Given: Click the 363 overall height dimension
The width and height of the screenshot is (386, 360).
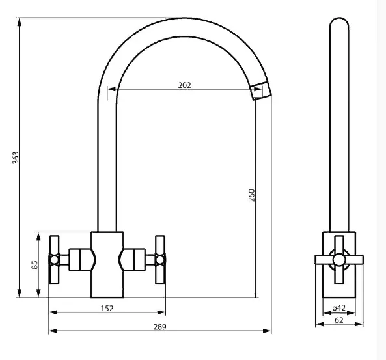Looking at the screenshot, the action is pos(16,158).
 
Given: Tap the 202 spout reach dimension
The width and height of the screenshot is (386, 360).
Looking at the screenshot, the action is pos(184,85).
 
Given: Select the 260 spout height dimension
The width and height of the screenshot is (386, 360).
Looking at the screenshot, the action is pos(251,195).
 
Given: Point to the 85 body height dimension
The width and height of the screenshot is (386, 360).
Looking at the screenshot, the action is pos(34,265).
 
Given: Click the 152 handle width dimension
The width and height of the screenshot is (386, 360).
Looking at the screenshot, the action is pos(107,309).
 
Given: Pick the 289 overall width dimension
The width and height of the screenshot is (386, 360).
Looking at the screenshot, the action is pos(159,327).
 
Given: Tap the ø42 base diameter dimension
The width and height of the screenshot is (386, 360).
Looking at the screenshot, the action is pos(338,308).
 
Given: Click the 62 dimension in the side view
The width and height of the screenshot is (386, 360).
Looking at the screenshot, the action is pos(339,320).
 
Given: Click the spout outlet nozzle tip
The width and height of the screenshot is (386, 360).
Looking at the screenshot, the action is pos(260,91).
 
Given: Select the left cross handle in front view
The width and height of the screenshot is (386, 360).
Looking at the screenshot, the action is pos(54,260).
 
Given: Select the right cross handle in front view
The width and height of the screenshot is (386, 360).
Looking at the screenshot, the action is pos(160,260).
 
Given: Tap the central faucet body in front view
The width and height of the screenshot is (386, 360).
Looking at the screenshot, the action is pos(107,265).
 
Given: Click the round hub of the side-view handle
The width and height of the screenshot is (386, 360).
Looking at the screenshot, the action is pos(339,260).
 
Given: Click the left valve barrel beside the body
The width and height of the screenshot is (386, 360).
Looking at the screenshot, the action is pos(79,260).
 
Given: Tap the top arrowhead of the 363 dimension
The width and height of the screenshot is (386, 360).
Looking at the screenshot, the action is pos(20,22).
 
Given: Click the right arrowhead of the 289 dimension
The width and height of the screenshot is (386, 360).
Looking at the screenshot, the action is pos(267,331).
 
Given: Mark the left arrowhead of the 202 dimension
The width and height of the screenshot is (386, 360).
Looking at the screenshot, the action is pos(112,89).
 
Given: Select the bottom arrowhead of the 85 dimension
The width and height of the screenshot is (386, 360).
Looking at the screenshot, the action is pos(38,293).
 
